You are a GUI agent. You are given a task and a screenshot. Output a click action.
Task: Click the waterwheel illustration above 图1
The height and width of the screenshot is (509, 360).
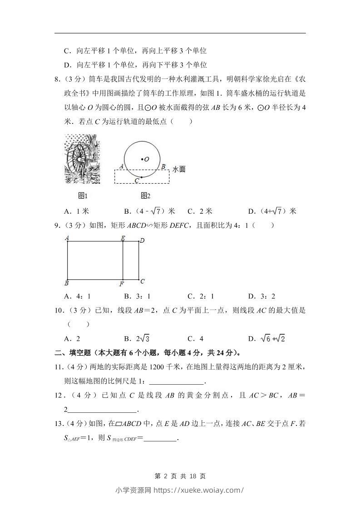tap(82, 158)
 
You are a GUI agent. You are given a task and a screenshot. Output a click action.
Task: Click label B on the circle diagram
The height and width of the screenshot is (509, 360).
tap(163, 166)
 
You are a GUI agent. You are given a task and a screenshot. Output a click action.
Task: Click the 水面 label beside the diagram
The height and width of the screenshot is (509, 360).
tap(179, 169)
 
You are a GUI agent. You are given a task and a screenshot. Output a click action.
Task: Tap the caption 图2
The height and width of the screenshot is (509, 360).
tap(145, 196)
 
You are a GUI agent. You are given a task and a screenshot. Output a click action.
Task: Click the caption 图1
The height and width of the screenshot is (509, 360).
tap(82, 196)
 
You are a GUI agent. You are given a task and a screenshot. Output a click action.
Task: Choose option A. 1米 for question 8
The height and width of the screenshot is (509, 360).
tap(76, 211)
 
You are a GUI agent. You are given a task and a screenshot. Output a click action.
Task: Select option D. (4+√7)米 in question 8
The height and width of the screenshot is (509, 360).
tap(272, 211)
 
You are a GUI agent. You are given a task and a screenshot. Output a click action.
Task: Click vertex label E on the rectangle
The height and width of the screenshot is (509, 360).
tap(123, 238)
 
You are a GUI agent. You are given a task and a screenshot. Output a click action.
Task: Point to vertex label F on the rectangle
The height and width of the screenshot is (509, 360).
tap(121, 284)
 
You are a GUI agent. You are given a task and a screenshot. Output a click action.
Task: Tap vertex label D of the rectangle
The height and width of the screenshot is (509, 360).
tap(142, 240)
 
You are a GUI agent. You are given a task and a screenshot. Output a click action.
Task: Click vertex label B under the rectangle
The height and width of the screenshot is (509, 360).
tap(67, 284)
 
